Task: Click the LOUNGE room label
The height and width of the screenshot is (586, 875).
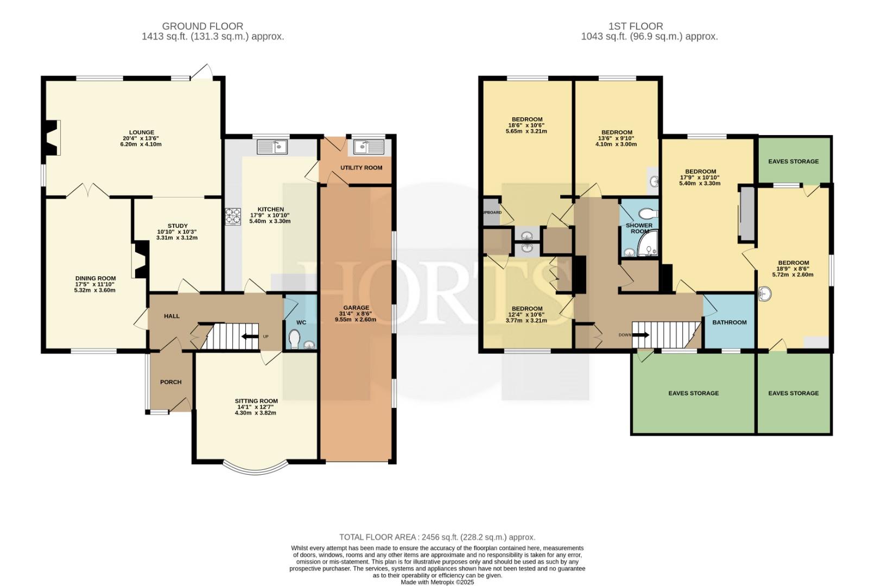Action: point(142,132)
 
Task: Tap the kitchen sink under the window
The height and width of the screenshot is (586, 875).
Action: point(272,147)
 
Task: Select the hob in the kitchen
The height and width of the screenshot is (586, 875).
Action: point(233,216)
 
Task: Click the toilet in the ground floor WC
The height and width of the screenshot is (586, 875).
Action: point(295,339)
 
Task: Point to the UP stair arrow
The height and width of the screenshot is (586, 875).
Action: point(250,336)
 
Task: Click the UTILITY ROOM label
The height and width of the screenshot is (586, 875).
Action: point(362,168)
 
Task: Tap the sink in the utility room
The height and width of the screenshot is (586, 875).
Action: point(369,147)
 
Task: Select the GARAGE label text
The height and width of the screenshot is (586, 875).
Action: point(356,308)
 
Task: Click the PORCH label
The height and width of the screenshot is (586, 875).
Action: point(170,382)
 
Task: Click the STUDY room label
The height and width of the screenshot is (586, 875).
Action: point(177,226)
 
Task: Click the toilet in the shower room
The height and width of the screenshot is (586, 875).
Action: point(648,214)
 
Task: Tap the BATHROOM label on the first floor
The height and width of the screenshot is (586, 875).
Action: point(730,322)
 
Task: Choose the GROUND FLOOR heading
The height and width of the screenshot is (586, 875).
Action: point(202,26)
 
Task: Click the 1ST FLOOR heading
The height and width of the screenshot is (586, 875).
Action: point(636,26)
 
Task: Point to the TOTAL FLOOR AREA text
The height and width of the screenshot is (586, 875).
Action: point(377,537)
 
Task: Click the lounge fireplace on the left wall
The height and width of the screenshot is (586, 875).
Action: point(52,138)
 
